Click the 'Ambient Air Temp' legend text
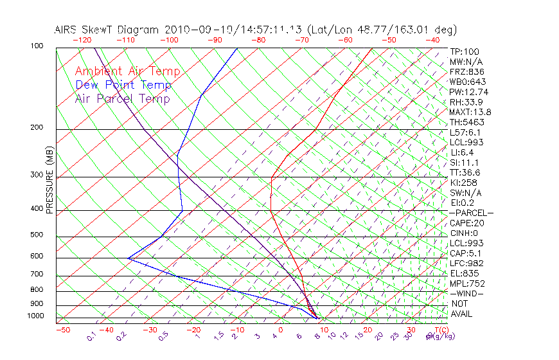coord(127,71)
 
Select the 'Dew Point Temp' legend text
coord(123,85)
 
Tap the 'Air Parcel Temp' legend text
coord(122,98)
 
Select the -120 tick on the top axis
coord(82,40)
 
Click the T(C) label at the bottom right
coord(441,330)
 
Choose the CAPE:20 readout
coord(467,223)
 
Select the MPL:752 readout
coord(467,283)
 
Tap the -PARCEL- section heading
coord(471,213)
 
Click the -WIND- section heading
coord(467,294)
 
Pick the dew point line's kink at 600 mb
coord(128,258)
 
